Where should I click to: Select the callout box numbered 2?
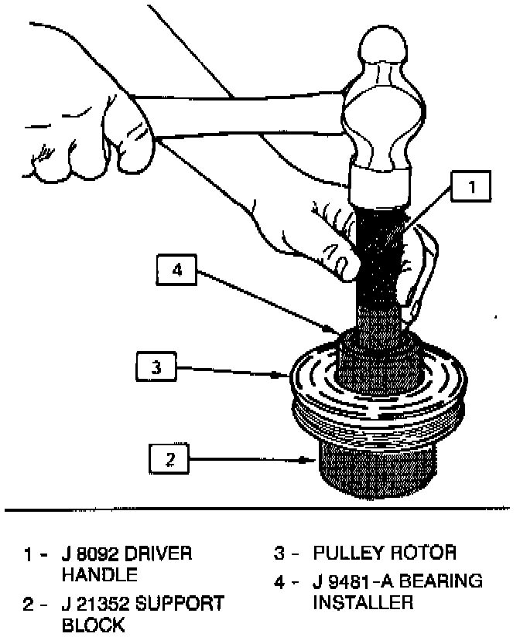(169, 461)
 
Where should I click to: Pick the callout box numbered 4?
(177, 271)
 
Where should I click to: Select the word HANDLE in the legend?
(100, 575)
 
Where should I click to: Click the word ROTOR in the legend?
(426, 554)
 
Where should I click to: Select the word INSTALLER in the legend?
(364, 601)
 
